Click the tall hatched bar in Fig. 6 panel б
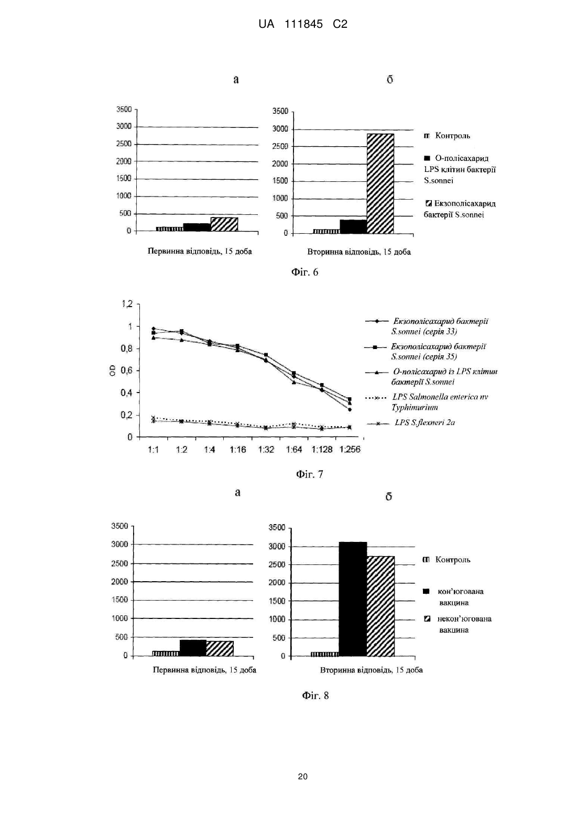point(380,183)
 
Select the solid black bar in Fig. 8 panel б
point(353,599)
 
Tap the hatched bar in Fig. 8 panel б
point(380,606)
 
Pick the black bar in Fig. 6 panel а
point(197,227)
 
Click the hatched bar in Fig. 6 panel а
point(224,224)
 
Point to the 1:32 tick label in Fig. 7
point(266,450)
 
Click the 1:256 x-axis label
point(350,450)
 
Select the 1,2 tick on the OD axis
point(127,303)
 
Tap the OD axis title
point(113,370)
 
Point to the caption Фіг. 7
point(310,474)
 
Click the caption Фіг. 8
point(315,695)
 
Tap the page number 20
point(303,776)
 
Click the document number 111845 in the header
point(303,24)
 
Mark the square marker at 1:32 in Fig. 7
point(266,355)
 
